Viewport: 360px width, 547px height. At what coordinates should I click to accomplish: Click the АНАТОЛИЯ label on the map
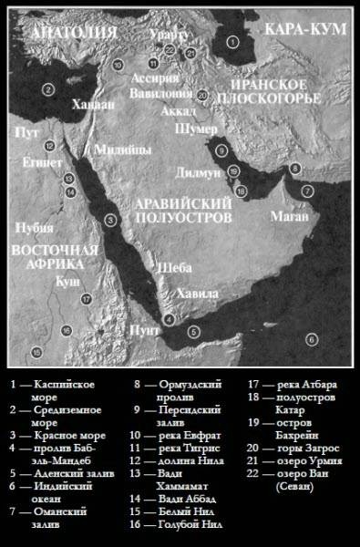74,33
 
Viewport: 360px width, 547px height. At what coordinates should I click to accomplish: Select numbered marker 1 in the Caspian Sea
232,41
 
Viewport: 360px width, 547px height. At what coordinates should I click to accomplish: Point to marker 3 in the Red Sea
108,219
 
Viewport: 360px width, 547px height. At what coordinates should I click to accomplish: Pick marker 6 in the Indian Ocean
311,339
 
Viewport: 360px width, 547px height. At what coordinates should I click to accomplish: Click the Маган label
289,217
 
